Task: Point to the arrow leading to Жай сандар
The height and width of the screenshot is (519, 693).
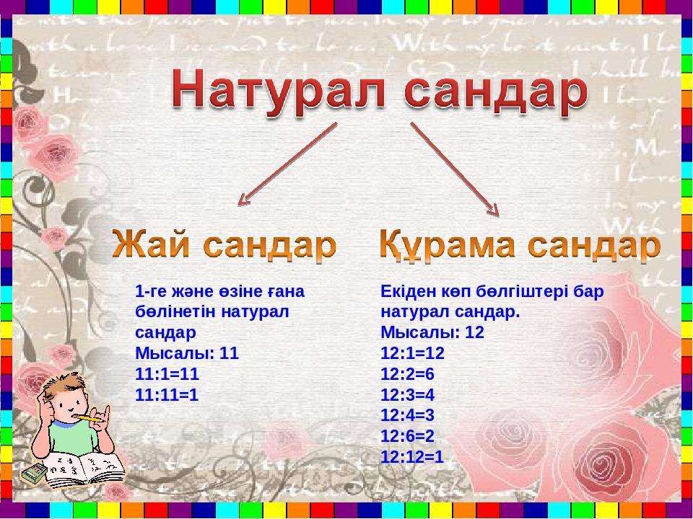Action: pyautogui.click(x=288, y=164)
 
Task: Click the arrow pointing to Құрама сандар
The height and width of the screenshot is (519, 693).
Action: pyautogui.click(x=455, y=169)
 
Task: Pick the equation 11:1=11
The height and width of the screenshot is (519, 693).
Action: pyautogui.click(x=167, y=374)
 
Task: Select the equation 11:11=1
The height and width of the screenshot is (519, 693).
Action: pyautogui.click(x=167, y=394)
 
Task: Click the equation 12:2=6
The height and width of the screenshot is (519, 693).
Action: pyautogui.click(x=407, y=374)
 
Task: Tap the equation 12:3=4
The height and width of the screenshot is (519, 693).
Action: pyautogui.click(x=407, y=394)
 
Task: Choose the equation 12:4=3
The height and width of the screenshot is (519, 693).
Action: pyautogui.click(x=407, y=415)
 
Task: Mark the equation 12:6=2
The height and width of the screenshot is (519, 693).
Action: pyautogui.click(x=407, y=436)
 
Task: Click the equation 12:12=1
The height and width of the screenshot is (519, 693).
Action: pyautogui.click(x=412, y=457)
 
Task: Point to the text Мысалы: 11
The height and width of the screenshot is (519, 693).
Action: pyautogui.click(x=187, y=353)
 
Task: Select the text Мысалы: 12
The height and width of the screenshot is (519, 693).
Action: pyautogui.click(x=432, y=332)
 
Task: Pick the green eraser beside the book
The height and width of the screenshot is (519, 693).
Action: pyautogui.click(x=34, y=473)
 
